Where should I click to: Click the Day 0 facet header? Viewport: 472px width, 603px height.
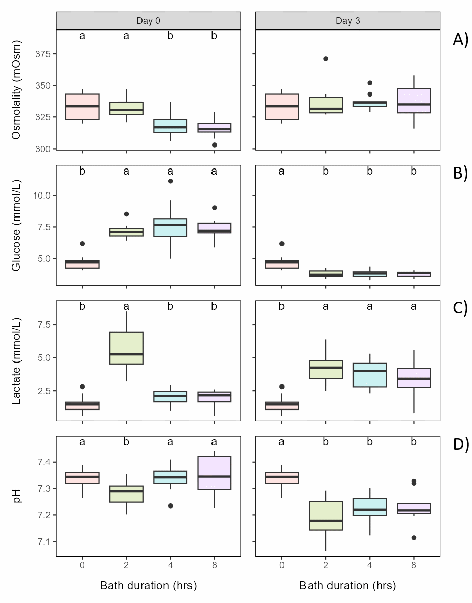click(148, 20)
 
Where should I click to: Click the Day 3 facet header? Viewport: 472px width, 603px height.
click(347, 20)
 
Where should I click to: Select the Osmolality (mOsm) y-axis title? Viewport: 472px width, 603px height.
click(17, 89)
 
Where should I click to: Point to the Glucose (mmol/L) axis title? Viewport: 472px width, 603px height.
click(17, 225)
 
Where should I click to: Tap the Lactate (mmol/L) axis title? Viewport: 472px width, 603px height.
click(17, 360)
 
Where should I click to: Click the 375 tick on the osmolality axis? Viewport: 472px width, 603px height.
click(43, 54)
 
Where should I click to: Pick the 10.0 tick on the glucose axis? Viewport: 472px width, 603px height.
click(43, 196)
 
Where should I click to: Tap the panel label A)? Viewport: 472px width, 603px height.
click(460, 40)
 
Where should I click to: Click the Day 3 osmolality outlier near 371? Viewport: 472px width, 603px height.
click(326, 59)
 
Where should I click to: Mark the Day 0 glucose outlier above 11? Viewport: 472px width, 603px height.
click(170, 181)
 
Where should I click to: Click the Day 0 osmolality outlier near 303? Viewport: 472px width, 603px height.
click(214, 145)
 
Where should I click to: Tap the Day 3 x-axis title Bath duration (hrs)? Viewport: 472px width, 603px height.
click(347, 585)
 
